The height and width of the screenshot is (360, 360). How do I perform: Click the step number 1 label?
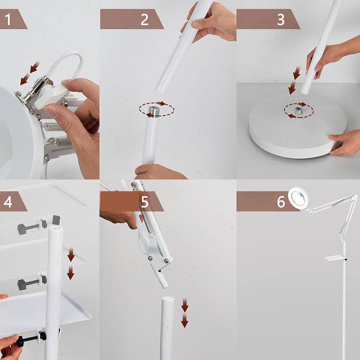tap(8, 19)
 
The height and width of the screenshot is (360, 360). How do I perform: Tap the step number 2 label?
tap(144, 19)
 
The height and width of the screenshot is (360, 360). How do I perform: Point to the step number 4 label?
tap(8, 202)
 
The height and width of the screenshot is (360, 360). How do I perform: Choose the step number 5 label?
tap(144, 202)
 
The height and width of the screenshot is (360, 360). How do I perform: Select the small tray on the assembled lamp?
tap(336, 258)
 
